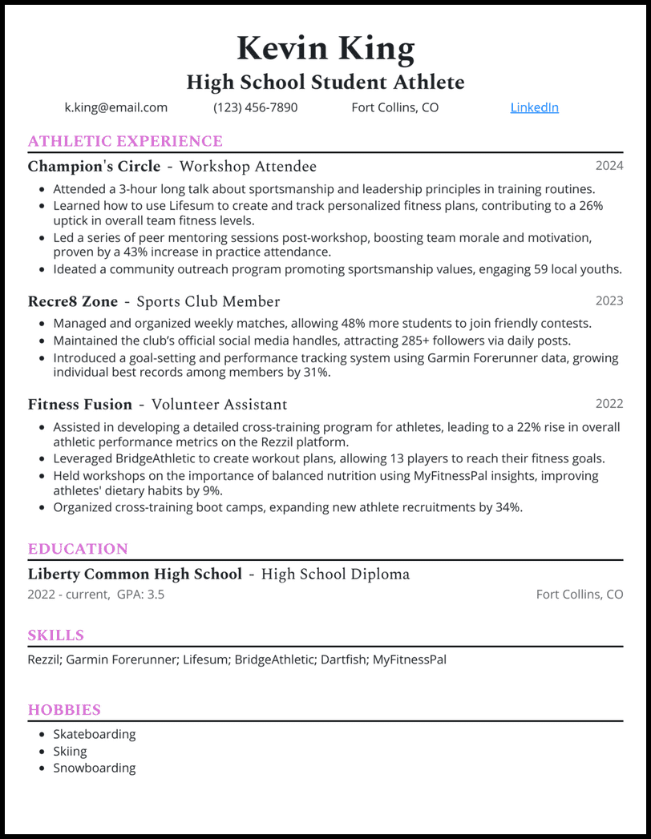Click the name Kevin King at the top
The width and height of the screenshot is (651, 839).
(x=325, y=50)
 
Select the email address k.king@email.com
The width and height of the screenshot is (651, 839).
(x=115, y=107)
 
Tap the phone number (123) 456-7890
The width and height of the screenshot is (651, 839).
(x=255, y=107)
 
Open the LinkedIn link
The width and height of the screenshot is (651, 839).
(x=534, y=107)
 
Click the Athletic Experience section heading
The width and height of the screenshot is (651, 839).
(x=125, y=142)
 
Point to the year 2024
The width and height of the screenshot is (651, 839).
(x=609, y=166)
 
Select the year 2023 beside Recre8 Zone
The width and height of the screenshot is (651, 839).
(x=609, y=301)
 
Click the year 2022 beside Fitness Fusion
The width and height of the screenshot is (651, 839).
(x=609, y=403)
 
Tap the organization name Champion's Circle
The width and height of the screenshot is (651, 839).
(x=94, y=167)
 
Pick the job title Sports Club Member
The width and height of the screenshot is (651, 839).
(x=208, y=302)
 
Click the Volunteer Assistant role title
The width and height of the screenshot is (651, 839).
(x=219, y=405)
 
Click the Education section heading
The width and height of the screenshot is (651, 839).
(x=78, y=549)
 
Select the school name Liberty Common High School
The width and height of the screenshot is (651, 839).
(x=135, y=575)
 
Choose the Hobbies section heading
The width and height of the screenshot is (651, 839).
(x=64, y=710)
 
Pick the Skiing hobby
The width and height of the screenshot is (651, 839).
(x=70, y=751)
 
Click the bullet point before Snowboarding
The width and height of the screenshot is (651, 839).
(x=42, y=768)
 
